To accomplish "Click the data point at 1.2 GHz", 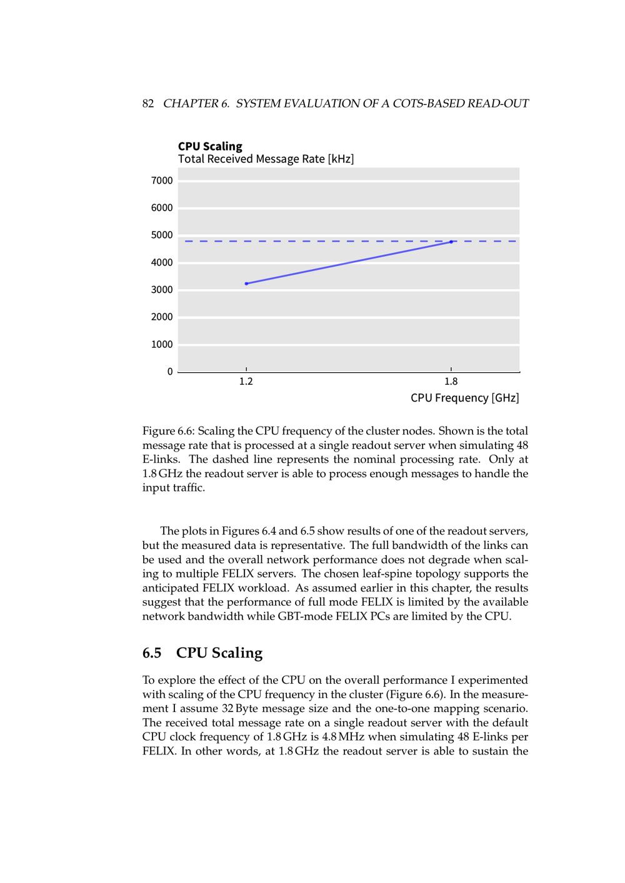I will (246, 284).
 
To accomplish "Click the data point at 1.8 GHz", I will (451, 242).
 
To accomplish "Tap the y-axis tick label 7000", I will (162, 180).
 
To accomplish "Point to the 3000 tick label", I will (162, 290).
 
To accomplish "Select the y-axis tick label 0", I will (170, 372).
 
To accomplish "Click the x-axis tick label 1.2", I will (246, 382).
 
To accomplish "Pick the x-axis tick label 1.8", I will (451, 382).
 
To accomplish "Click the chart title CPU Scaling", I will (210, 146).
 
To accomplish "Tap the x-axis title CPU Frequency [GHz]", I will (464, 398).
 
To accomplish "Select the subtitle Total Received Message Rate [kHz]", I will (266, 159).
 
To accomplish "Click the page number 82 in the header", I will (148, 104).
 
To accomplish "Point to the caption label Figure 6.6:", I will (169, 431).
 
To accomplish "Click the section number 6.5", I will (152, 653).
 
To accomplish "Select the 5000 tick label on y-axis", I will (162, 235).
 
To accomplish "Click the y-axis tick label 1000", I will (162, 345).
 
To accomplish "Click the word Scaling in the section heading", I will (237, 653).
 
